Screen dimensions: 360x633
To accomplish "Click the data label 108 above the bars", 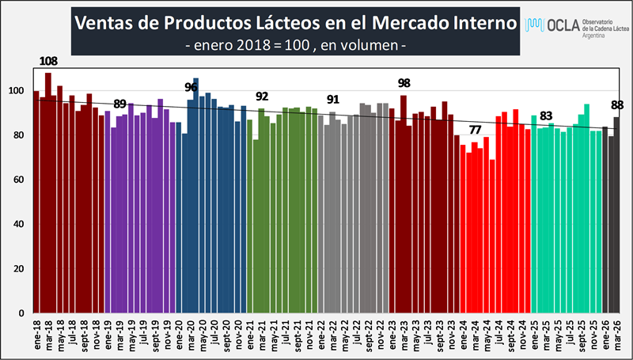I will tap(48, 60).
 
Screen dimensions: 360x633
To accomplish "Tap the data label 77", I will tap(475, 130).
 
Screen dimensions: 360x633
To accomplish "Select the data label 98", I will tap(404, 83).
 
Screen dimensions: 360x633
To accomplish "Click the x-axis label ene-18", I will tap(37, 335).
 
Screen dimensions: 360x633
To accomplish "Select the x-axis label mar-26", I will tap(616, 335).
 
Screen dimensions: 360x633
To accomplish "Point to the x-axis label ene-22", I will tap(320, 335).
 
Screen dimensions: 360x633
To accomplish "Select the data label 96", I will tap(191, 87).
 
